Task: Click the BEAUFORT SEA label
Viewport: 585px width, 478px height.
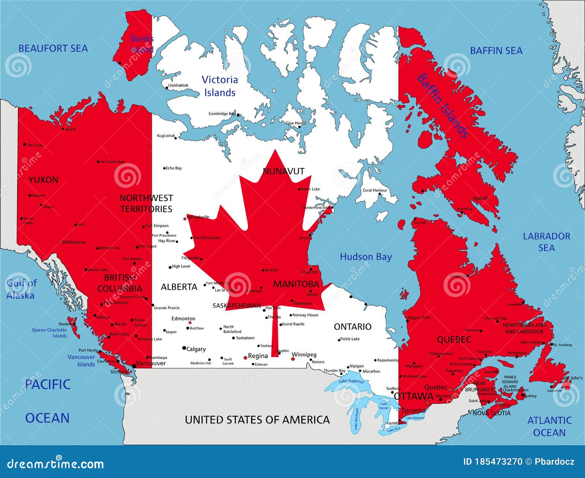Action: point(53,48)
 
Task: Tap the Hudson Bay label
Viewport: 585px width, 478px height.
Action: point(366,257)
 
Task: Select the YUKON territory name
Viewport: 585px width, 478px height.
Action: point(43,180)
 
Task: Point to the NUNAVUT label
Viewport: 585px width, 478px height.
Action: point(283,171)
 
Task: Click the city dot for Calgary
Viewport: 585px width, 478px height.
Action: point(184,348)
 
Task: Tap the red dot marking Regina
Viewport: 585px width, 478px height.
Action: point(245,358)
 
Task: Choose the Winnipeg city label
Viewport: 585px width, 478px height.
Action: point(304,354)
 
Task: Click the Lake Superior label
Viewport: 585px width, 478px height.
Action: point(351,381)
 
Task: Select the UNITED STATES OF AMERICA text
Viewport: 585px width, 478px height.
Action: point(257,420)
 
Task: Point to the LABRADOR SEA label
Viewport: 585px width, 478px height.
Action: point(546,242)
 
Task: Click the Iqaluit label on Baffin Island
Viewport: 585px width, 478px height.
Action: point(480,198)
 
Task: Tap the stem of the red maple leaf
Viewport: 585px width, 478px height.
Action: point(275,333)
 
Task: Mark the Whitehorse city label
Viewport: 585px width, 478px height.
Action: point(74,242)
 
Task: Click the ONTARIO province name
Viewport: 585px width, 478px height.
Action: point(352,327)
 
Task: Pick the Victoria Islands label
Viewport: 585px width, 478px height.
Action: point(220,86)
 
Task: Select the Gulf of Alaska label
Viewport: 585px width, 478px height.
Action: point(21,289)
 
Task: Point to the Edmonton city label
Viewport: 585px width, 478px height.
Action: point(183,319)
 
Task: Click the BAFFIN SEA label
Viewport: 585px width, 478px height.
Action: point(496,51)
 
